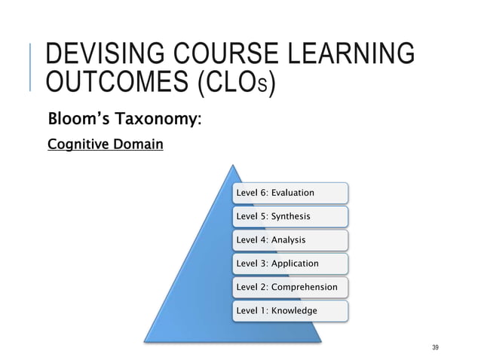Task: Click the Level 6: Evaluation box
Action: pyautogui.click(x=290, y=193)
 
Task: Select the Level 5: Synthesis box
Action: pyautogui.click(x=290, y=216)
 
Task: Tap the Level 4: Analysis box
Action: pyautogui.click(x=290, y=239)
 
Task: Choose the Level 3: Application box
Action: pyautogui.click(x=290, y=263)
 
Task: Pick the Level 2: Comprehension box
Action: pyautogui.click(x=290, y=287)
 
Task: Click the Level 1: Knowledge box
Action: pyautogui.click(x=290, y=310)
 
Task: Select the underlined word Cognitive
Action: pyautogui.click(x=74, y=143)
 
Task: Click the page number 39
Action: pyautogui.click(x=435, y=346)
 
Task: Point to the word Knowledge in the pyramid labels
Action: pyautogui.click(x=295, y=310)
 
